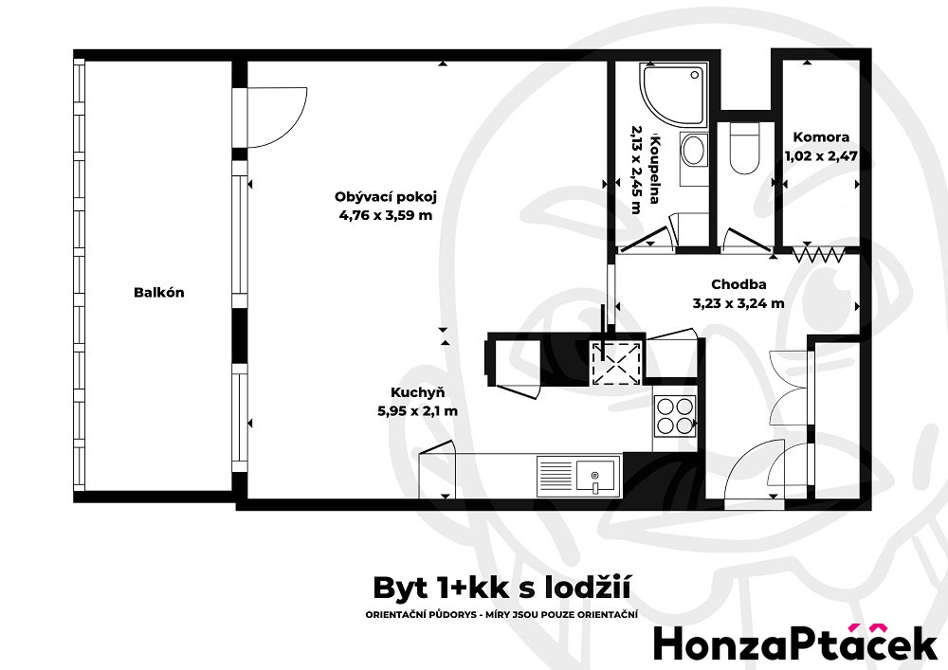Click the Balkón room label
158,293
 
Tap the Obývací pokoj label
385,197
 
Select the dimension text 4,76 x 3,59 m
385,215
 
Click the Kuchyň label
417,392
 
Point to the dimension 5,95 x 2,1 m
417,410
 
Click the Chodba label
738,284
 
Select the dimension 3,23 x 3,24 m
738,303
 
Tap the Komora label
821,136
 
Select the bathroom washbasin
694,150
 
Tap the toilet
744,152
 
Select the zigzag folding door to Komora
818,253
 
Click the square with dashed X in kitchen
616,362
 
